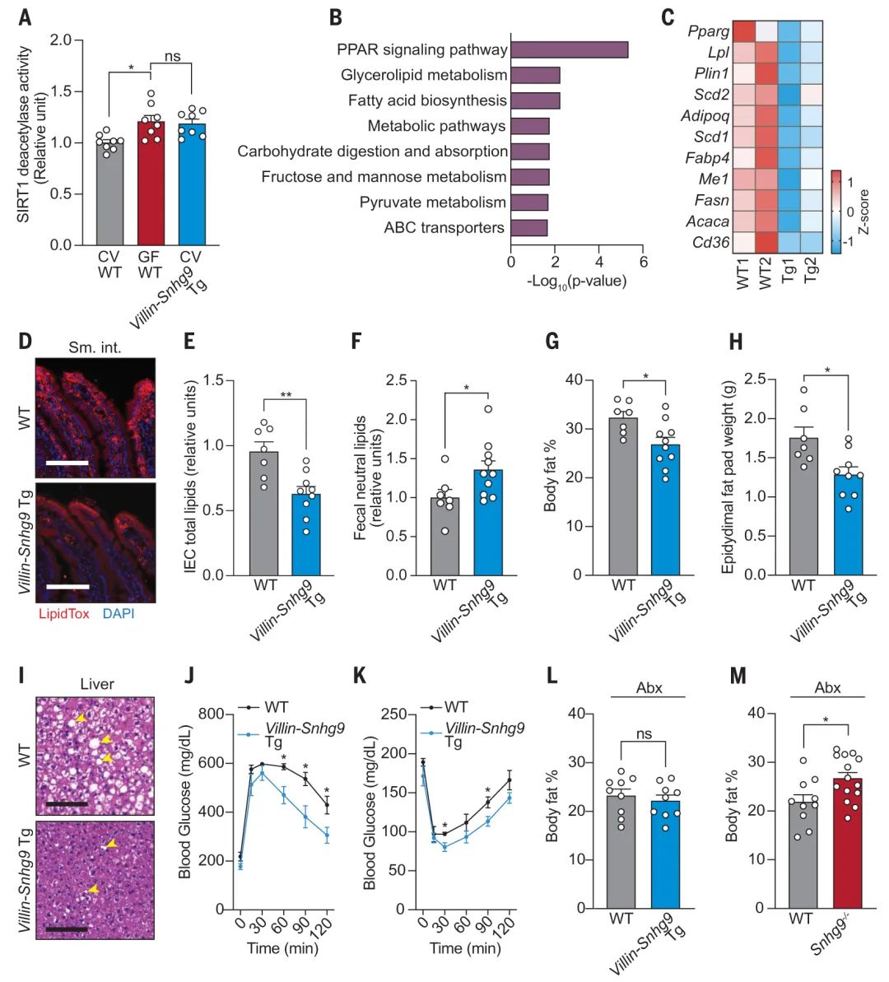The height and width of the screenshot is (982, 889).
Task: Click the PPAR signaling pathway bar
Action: point(569,49)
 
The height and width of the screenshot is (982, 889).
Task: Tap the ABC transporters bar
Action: point(528,228)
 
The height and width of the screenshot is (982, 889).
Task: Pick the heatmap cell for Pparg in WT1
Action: point(743,31)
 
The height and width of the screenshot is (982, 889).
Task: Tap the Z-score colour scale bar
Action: point(835,211)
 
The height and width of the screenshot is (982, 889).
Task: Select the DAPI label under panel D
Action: point(119,614)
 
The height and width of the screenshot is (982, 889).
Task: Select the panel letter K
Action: point(358,677)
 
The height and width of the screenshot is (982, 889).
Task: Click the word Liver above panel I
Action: point(96,684)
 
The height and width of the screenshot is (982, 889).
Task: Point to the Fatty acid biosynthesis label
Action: point(427,100)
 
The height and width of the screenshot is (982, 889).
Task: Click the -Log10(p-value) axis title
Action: point(577,281)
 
